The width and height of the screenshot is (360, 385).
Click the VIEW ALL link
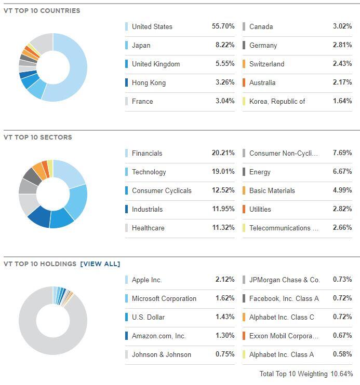pyautogui.click(x=100, y=264)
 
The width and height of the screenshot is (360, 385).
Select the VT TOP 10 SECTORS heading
pyautogui.click(x=38, y=137)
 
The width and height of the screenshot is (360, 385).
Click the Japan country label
pyautogui.click(x=141, y=45)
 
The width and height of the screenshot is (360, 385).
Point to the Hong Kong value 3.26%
pyautogui.click(x=225, y=82)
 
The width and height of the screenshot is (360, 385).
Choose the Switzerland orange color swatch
pyautogui.click(x=244, y=64)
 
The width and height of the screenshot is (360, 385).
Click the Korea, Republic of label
pyautogui.click(x=277, y=101)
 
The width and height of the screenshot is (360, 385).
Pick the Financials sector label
pyautogui.click(x=147, y=153)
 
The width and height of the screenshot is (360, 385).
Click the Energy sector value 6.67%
pyautogui.click(x=342, y=172)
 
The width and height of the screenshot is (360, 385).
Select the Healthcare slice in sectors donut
pyautogui.click(x=27, y=204)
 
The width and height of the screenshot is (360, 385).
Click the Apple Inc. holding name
pyautogui.click(x=147, y=280)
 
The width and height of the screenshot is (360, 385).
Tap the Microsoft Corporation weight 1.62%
pyautogui.click(x=225, y=298)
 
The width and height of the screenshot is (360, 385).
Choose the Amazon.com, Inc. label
pyautogui.click(x=158, y=336)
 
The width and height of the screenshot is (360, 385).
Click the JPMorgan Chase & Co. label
pyautogui.click(x=284, y=280)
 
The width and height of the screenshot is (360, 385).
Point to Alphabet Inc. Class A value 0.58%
pyautogui.click(x=342, y=354)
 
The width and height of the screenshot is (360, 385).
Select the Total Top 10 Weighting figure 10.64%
pyautogui.click(x=343, y=374)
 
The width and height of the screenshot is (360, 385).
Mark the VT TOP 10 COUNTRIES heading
pyautogui.click(x=42, y=11)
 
